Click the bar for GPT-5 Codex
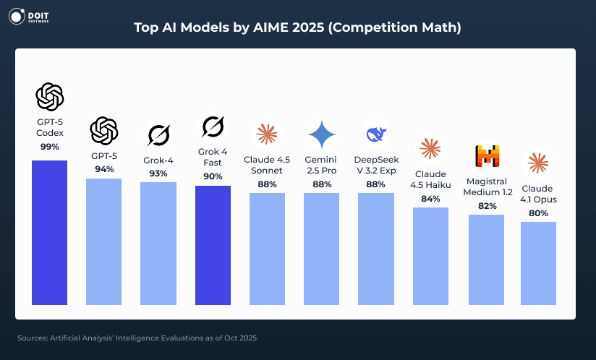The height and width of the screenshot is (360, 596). tap(50, 232)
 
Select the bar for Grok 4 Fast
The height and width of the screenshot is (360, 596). tap(213, 245)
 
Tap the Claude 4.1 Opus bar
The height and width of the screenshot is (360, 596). tap(538, 263)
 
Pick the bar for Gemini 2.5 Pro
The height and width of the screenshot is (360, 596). tap(321, 249)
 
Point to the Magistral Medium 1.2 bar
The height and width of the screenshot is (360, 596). tap(486, 260)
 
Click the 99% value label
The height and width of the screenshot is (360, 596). tap(50, 146)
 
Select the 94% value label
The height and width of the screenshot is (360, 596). tap(104, 169)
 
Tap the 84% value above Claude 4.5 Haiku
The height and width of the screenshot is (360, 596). tap(430, 199)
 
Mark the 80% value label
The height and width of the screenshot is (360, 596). tap(538, 213)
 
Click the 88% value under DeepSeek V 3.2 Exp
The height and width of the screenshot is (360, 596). tap(375, 184)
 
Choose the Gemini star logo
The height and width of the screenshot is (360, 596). tap(321, 134)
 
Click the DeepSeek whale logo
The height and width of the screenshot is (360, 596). tap(375, 134)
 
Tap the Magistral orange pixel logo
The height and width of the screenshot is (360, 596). tap(486, 156)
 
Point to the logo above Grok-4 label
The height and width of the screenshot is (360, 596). tap(158, 135)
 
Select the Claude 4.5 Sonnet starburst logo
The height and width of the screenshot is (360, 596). tap(267, 134)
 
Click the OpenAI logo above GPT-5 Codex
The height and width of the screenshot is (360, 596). tap(50, 96)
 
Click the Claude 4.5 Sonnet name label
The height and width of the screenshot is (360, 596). tap(267, 165)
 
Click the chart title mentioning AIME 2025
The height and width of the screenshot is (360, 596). tap(297, 27)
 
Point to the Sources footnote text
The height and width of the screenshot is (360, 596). tap(137, 338)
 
